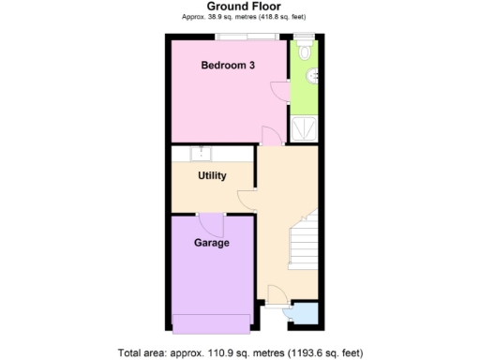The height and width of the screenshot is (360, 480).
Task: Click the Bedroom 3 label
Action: pos(228,65)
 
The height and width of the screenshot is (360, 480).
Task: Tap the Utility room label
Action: pos(212,175)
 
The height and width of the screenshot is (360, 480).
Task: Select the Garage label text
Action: pos(212,243)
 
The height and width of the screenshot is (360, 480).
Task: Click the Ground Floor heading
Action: pos(239,7)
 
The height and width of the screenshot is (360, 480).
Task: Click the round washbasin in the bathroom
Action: pos(314,78)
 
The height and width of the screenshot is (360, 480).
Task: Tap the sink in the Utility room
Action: pos(200,153)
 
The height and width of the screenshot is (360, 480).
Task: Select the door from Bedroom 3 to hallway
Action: pos(269,137)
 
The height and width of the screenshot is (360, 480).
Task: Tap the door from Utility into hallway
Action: pos(247,198)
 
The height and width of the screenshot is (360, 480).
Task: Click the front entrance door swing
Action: pos(272,295)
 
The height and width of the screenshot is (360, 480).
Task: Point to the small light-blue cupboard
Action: pos(305,313)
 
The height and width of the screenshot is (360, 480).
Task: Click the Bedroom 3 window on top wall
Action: pos(246,37)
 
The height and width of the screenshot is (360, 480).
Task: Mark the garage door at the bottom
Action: pos(212,323)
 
